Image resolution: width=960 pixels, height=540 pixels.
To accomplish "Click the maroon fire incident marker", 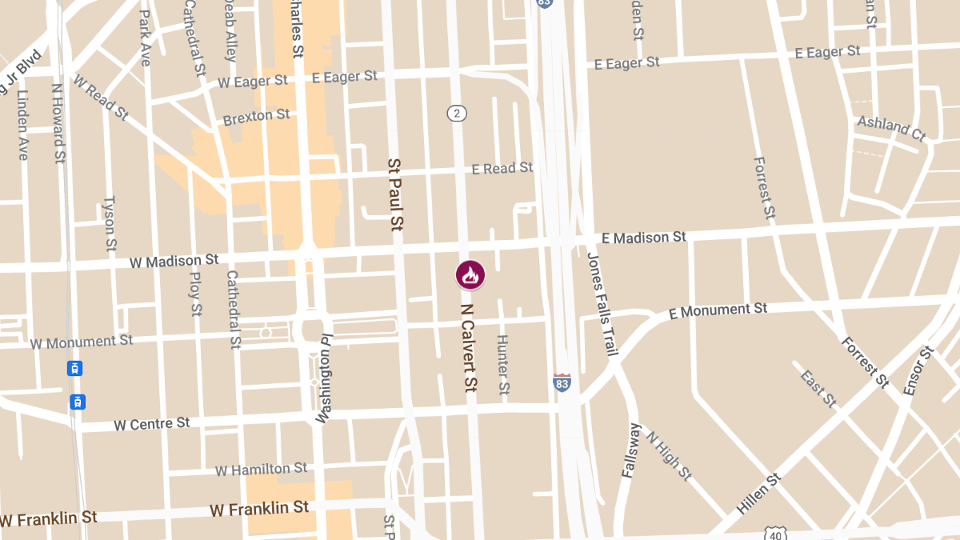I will click(x=470, y=274).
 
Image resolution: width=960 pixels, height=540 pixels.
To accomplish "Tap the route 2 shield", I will click(x=457, y=113).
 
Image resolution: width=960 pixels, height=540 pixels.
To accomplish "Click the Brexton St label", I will click(x=256, y=117).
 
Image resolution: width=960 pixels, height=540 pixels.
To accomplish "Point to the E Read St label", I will click(x=502, y=168).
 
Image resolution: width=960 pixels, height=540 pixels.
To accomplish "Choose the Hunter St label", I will click(x=502, y=364).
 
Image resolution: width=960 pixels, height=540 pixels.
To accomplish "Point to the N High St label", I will click(x=668, y=456).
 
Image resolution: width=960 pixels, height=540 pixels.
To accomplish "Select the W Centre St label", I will click(x=152, y=423).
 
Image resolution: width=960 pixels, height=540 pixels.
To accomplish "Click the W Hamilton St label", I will click(x=261, y=469).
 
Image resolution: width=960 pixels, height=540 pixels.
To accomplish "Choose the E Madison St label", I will click(x=643, y=238).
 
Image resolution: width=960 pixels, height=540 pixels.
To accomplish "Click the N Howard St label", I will click(x=58, y=124).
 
